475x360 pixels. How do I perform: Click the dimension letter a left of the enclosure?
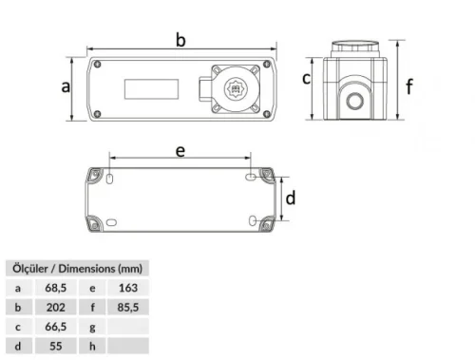coord(66,87)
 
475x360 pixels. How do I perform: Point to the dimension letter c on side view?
coord(307,78)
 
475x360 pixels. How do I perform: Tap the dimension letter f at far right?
coord(409,86)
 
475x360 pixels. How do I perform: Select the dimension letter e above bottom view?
coord(180,150)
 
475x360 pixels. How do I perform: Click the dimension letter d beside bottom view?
coord(292,199)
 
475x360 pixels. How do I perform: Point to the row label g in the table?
coord(92,327)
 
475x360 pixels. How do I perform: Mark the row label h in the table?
coord(92,347)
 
